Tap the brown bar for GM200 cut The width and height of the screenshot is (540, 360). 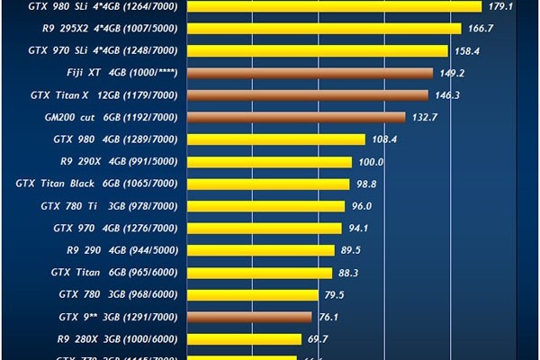coord(296,117)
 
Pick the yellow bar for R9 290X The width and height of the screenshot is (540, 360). coord(269,162)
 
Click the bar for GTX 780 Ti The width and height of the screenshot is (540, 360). coord(265,206)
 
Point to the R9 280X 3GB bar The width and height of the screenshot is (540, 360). coord(244,339)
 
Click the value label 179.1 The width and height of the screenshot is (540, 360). coord(500,6)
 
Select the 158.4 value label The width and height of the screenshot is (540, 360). coord(468,50)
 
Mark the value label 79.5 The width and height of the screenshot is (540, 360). coord(334,295)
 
